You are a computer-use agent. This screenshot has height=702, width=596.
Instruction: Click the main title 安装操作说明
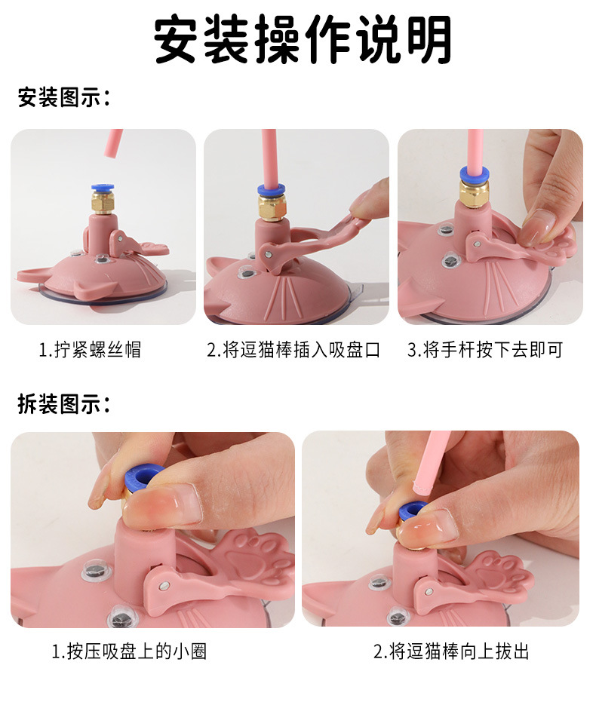pos(303,39)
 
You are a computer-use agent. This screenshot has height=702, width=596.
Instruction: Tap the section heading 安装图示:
pos(63,97)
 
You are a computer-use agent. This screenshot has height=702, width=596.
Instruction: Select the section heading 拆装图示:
pos(63,404)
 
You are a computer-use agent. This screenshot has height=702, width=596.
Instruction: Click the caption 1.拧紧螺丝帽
pos(90,350)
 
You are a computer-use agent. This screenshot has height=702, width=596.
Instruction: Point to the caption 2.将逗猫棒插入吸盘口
pos(293,350)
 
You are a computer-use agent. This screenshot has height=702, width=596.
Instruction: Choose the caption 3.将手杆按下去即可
pos(485,350)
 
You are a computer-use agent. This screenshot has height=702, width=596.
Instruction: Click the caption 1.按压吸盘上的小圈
pos(130,651)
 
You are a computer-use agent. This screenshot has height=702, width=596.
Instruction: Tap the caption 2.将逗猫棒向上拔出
pos(451,651)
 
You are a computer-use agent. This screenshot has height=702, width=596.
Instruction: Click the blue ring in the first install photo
pos(103,188)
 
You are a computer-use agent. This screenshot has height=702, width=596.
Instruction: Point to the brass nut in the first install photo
pos(103,202)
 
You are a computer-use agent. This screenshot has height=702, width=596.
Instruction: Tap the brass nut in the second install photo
pos(272,207)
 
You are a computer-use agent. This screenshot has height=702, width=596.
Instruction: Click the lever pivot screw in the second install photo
pos(267,254)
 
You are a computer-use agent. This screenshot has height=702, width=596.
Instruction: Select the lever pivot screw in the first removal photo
pos(165,585)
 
